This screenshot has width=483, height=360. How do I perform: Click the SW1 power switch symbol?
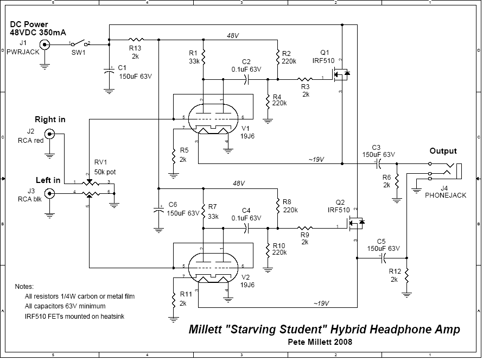click(79, 43)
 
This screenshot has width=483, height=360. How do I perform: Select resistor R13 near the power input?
click(136, 40)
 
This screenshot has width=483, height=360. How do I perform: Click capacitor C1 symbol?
click(109, 71)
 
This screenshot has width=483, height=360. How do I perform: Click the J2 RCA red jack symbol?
click(50, 134)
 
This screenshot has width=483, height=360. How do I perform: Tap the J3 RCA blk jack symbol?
click(50, 193)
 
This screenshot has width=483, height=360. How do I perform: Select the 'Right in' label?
click(50, 119)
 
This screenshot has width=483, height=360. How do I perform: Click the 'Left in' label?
click(48, 180)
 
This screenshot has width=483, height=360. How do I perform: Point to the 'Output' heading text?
click(443, 151)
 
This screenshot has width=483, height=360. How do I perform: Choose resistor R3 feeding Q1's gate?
click(306, 79)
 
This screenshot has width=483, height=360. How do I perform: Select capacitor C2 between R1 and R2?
click(246, 79)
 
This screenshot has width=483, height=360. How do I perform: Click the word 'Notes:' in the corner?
click(24, 286)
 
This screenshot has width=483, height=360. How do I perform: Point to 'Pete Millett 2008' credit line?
click(321, 342)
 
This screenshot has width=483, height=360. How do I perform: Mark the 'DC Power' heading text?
click(28, 25)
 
